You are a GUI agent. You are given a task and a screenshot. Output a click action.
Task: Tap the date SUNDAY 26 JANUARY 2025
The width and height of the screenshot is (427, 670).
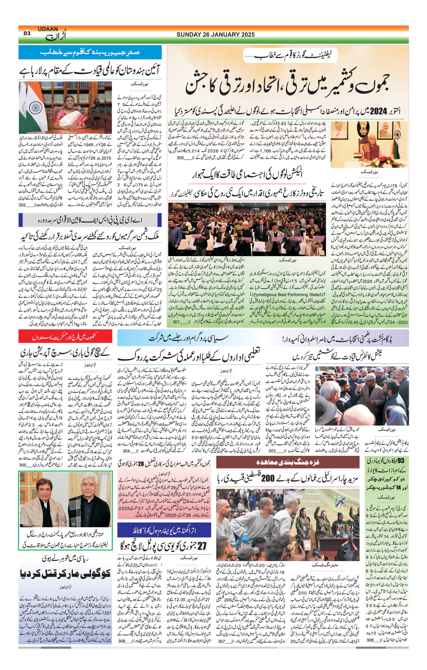[x=215, y=34]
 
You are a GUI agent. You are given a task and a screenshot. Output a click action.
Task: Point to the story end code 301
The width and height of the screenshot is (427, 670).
[x=176, y=322]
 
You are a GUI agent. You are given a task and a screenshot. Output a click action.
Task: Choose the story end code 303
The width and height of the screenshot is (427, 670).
[x=272, y=450]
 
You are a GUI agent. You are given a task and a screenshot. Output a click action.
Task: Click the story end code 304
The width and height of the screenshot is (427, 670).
[x=126, y=450]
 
